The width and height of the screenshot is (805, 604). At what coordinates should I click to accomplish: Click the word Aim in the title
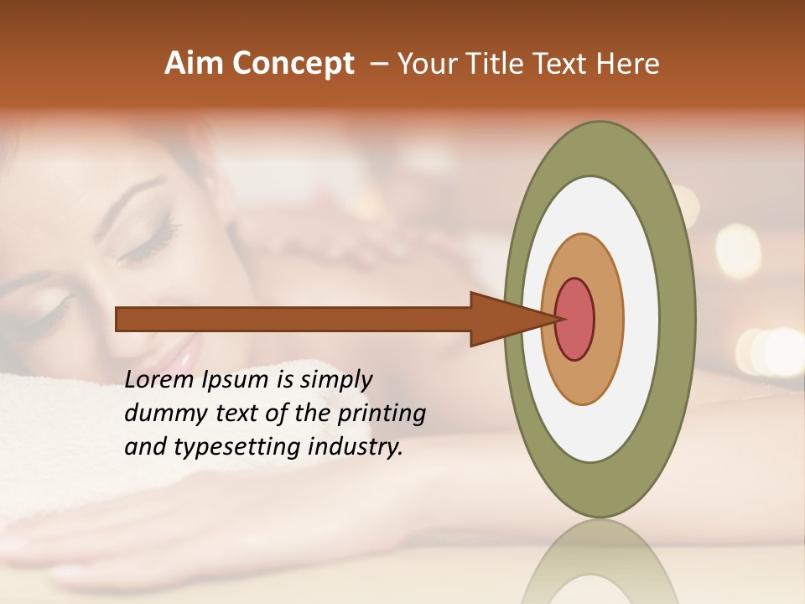click(195, 64)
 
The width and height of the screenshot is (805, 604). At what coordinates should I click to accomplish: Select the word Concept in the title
click(293, 64)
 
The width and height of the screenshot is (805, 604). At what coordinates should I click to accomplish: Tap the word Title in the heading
click(501, 64)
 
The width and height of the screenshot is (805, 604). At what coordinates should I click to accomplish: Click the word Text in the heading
click(563, 64)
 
